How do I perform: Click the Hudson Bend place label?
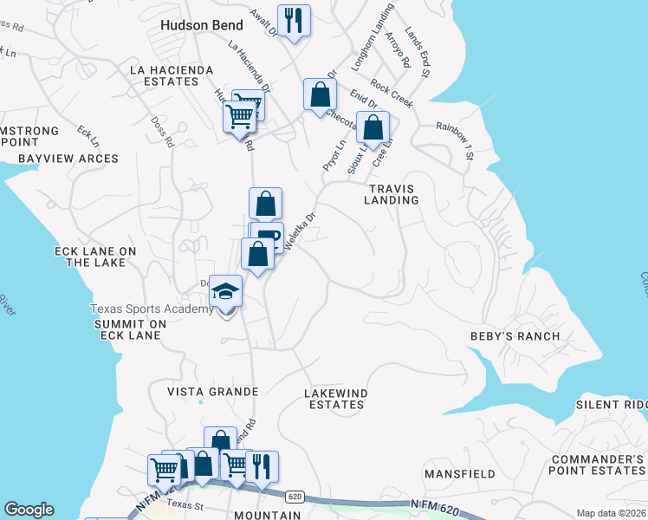(202, 25)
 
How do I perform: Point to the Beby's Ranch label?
(515, 335)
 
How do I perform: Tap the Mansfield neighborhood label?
(459, 474)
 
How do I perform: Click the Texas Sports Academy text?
(152, 309)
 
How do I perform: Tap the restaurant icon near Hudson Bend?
(293, 20)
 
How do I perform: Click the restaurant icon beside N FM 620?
(262, 467)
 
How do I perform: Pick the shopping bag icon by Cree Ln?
(373, 129)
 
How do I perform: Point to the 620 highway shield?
(295, 495)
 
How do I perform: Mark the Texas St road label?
(184, 504)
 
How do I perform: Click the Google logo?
(29, 510)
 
